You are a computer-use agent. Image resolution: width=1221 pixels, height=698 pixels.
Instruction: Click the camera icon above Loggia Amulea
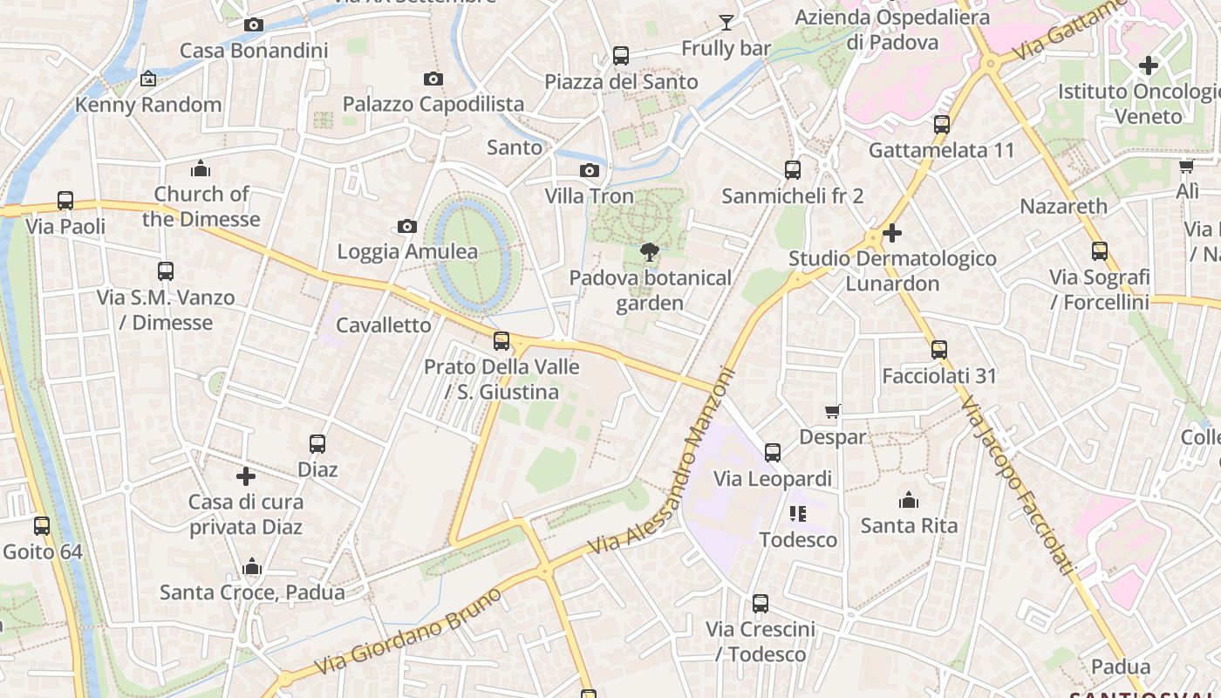(x=406, y=227)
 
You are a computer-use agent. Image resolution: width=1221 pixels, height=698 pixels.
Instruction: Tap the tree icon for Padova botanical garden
(x=649, y=253)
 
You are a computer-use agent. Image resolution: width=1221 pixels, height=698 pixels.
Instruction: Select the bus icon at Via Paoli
(x=65, y=201)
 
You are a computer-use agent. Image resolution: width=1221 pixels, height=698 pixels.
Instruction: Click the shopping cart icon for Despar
(x=833, y=411)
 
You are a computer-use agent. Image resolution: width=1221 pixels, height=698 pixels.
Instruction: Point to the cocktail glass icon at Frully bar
(x=726, y=23)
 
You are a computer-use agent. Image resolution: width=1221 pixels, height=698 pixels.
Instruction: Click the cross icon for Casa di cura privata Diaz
(x=246, y=476)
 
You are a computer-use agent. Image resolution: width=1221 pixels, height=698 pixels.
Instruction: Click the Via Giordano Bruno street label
(x=408, y=632)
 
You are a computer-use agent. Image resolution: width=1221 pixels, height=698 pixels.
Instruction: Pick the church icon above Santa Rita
(x=909, y=500)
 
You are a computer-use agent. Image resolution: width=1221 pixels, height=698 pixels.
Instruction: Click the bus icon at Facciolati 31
(x=938, y=350)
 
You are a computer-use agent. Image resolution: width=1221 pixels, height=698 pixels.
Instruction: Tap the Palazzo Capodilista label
(x=433, y=105)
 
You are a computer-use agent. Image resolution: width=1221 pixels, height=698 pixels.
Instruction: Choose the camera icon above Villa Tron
(x=590, y=171)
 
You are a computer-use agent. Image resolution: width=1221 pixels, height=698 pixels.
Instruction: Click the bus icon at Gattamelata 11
(x=942, y=125)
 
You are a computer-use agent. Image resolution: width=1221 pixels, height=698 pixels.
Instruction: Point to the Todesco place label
(x=798, y=540)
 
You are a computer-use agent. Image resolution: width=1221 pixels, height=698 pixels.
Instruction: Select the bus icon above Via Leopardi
(x=773, y=453)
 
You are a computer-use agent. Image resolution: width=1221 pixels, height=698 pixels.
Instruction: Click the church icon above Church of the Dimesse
(x=201, y=168)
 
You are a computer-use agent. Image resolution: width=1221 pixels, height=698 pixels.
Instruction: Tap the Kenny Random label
(x=148, y=106)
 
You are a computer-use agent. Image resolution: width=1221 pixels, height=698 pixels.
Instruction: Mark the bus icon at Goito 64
(x=42, y=526)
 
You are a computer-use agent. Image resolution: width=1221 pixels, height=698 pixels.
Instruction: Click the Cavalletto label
(x=384, y=325)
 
